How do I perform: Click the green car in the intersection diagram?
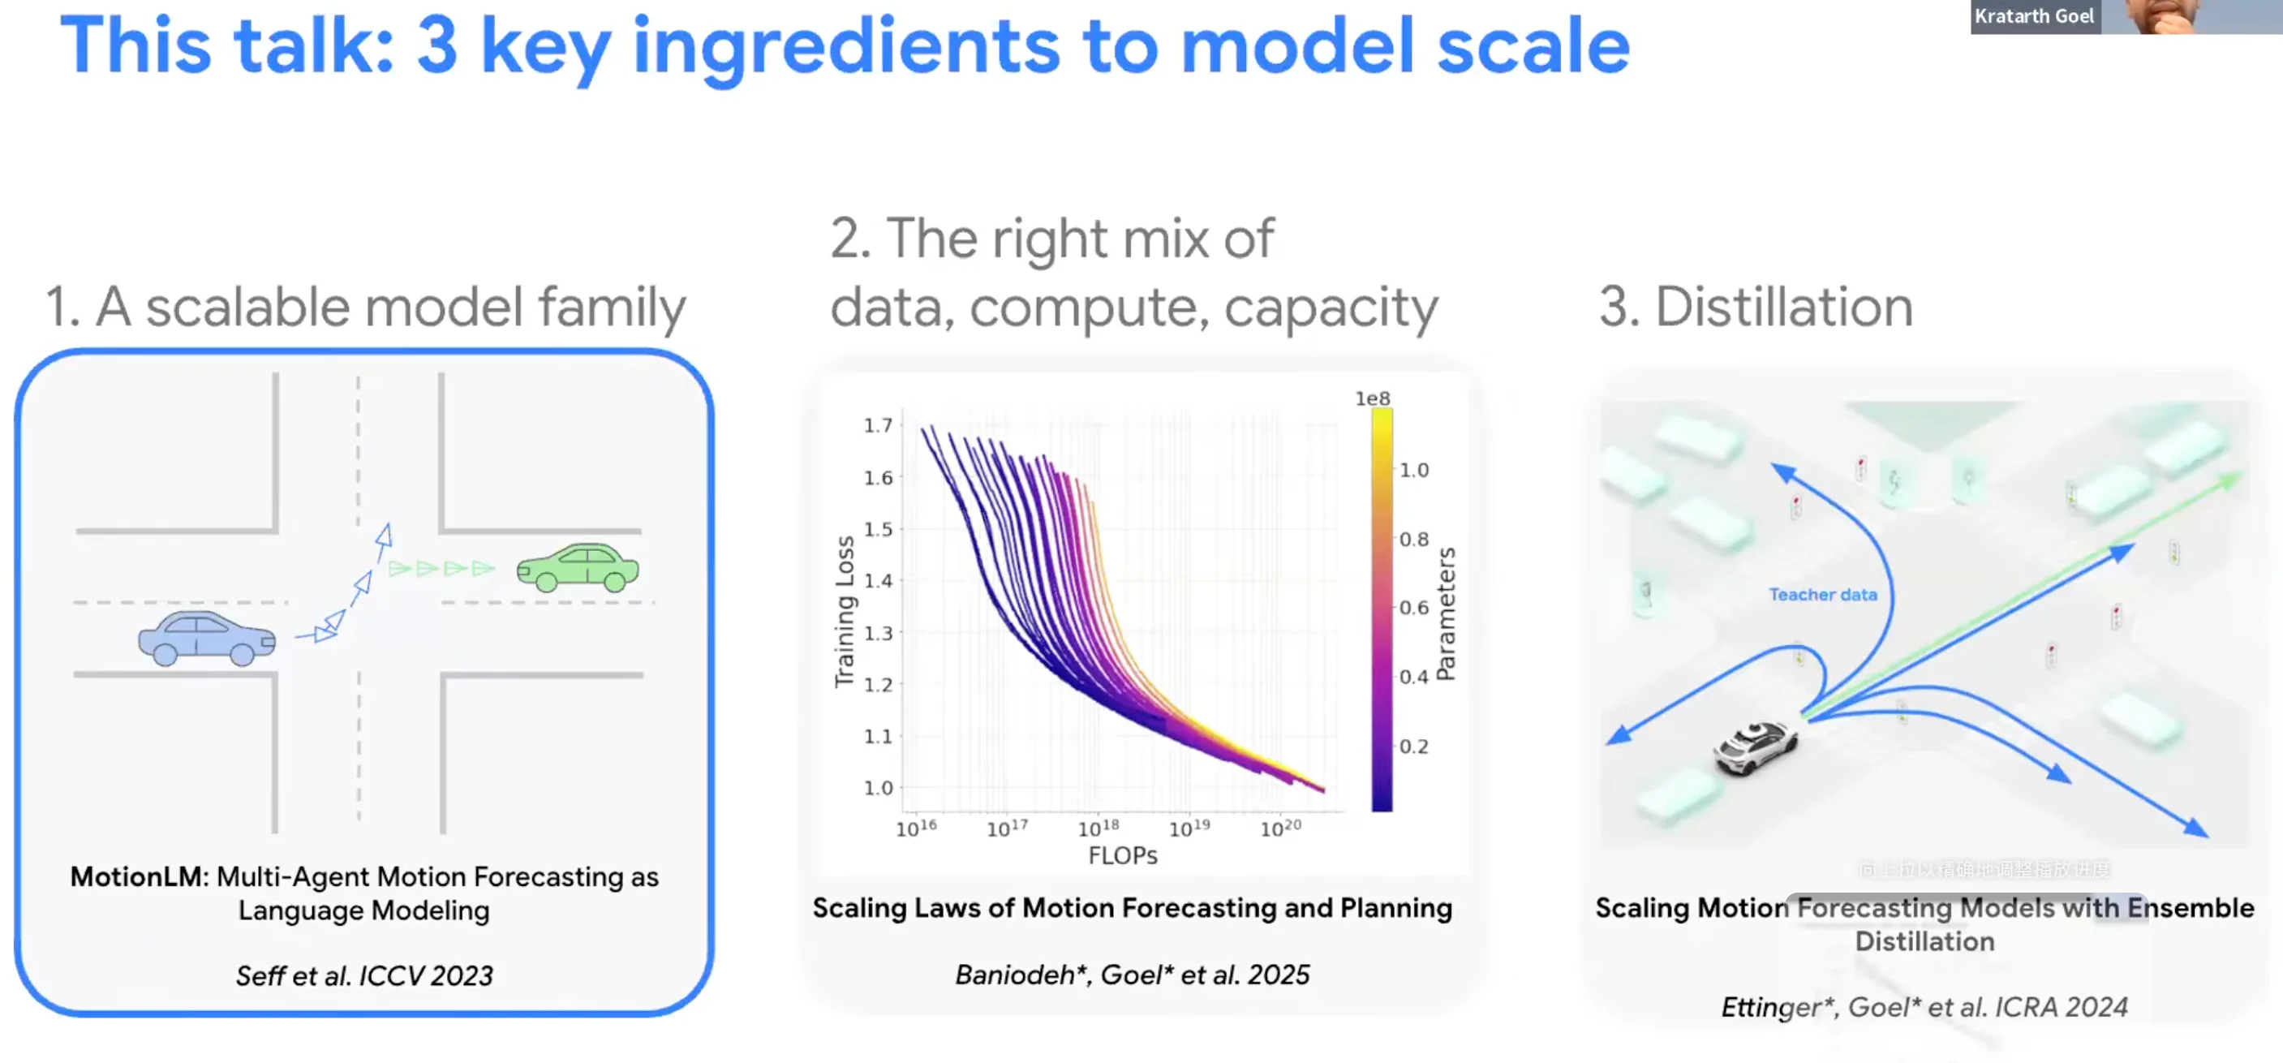point(578,567)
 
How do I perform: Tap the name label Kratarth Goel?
point(2033,16)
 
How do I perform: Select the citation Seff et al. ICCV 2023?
point(364,975)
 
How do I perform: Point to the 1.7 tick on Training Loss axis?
point(879,425)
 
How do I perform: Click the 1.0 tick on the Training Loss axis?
point(879,787)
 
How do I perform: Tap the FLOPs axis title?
point(1122,855)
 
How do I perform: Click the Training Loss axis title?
point(845,611)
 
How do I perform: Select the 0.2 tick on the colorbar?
point(1414,747)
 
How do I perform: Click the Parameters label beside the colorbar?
point(1447,613)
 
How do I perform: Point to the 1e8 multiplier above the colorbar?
point(1372,399)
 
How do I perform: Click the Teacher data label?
point(1823,595)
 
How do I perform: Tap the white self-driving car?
point(1755,747)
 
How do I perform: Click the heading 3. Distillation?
point(1756,307)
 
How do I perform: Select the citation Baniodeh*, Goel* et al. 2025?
point(1132,975)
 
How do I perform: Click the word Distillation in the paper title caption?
point(1924,941)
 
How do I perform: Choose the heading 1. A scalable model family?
point(366,307)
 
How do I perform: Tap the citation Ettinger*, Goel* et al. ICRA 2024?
point(1924,1007)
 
